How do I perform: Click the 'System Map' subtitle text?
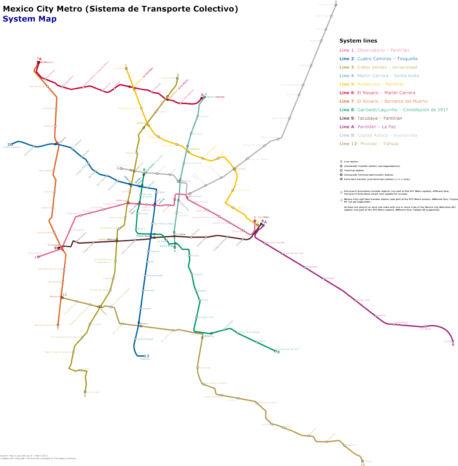[x=29, y=19]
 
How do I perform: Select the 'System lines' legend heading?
[x=358, y=41]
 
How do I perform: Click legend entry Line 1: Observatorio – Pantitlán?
[x=374, y=50]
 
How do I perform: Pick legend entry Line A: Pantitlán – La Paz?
[x=368, y=127]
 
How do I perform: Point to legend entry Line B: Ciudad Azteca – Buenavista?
[x=378, y=135]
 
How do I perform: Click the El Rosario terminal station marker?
[x=37, y=62]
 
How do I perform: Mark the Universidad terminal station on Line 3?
[x=85, y=392]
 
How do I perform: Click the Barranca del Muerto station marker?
[x=58, y=325]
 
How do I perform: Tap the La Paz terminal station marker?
[x=453, y=341]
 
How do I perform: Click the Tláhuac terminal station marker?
[x=362, y=461]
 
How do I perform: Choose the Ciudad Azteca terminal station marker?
[x=335, y=5]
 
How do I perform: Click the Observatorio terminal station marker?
[x=39, y=256]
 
